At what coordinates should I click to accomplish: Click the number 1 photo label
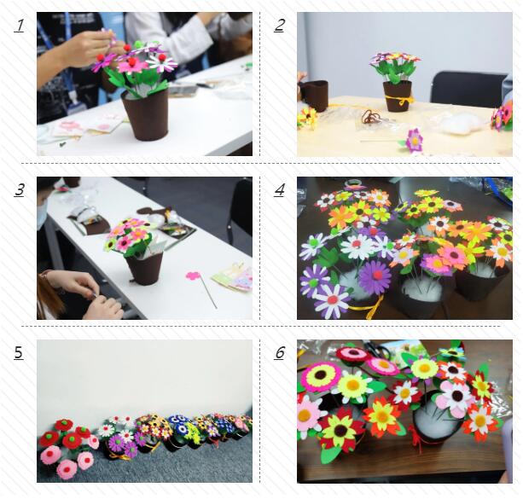[x=20, y=26]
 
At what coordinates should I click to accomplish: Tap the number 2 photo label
[x=280, y=26]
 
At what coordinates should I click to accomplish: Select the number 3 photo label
[x=20, y=190]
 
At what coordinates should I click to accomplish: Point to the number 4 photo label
[x=280, y=190]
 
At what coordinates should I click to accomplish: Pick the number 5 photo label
[x=19, y=352]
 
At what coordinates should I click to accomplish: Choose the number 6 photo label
[x=280, y=352]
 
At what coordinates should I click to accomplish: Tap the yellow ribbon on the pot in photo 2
[x=399, y=100]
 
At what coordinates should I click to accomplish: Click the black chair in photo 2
[x=468, y=87]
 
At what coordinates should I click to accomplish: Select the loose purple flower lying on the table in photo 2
[x=415, y=140]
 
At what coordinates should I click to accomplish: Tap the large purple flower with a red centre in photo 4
[x=376, y=276]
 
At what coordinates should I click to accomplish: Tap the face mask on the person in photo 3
[x=42, y=215]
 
